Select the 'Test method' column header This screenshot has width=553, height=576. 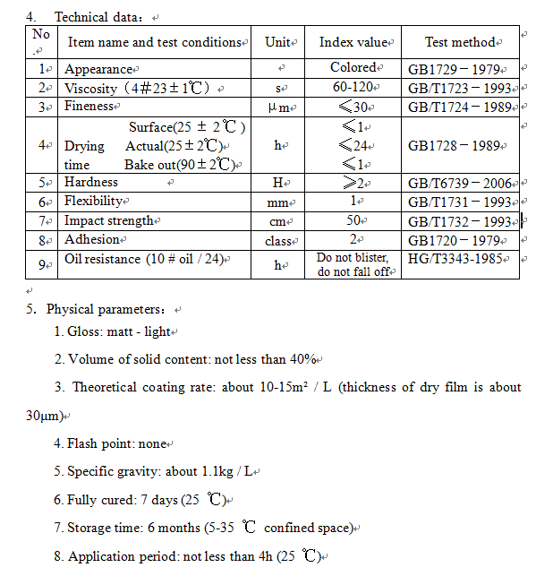tap(460, 42)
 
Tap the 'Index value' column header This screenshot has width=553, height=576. tap(353, 42)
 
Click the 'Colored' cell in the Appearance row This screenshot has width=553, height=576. tap(353, 68)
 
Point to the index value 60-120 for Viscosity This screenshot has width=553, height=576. tap(353, 88)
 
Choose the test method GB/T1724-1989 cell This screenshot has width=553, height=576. tap(460, 107)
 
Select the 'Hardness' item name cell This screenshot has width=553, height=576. tap(91, 182)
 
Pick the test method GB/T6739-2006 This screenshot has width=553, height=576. tap(460, 183)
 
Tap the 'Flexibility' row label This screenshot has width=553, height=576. tap(94, 201)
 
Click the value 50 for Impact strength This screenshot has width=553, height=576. tap(353, 220)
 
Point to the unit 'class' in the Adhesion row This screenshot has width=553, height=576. tap(280, 241)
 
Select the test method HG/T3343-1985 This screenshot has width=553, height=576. tap(460, 259)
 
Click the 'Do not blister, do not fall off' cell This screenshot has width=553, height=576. tap(353, 264)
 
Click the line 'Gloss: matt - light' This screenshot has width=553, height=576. tap(115, 331)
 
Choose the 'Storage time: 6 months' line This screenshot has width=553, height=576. tap(204, 528)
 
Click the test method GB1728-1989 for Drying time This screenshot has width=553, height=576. tap(460, 145)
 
